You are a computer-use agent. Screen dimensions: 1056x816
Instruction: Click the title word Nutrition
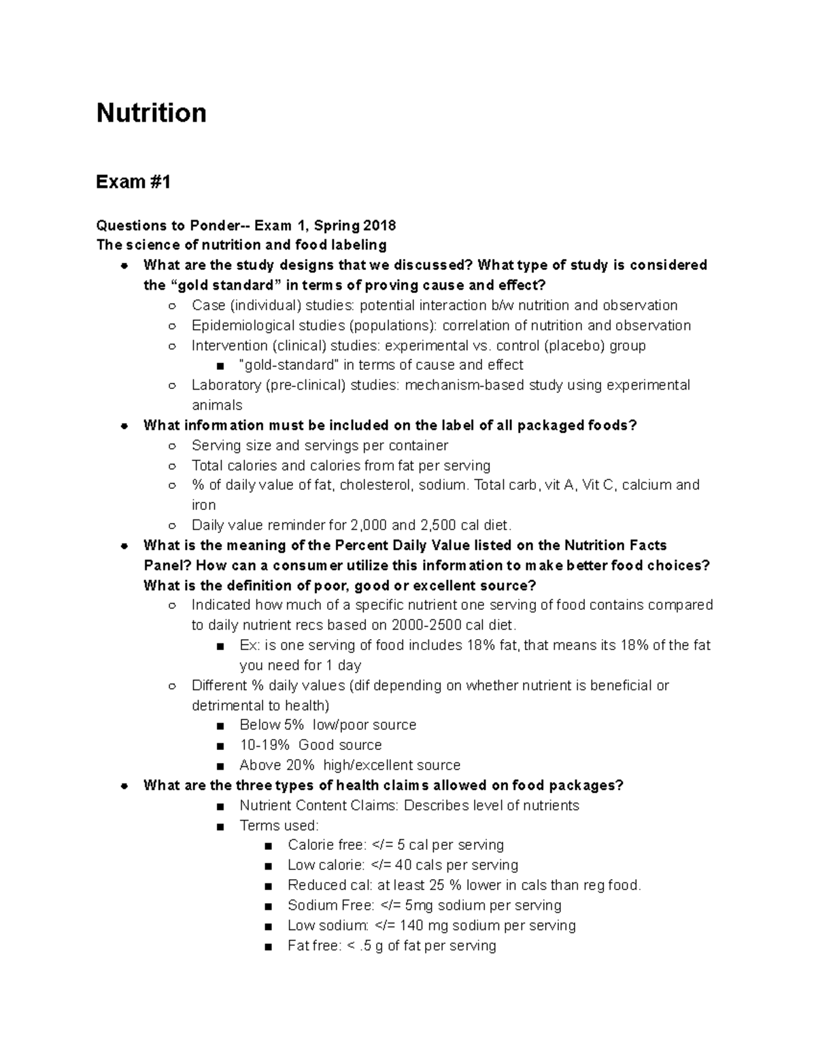click(x=151, y=113)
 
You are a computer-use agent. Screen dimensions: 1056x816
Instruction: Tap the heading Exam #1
click(x=133, y=182)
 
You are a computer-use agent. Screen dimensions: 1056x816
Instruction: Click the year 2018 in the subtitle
click(x=379, y=226)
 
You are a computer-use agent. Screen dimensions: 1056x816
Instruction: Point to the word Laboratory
click(x=226, y=386)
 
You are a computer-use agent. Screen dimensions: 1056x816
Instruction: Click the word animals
click(x=217, y=405)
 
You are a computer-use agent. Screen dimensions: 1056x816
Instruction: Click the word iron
click(x=203, y=505)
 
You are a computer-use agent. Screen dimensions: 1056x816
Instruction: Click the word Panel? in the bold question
click(x=167, y=566)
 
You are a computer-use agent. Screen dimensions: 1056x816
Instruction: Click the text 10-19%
click(x=265, y=745)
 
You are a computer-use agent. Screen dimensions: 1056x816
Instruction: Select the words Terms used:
click(x=279, y=826)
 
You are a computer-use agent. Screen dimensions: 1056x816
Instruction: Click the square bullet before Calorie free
click(x=269, y=846)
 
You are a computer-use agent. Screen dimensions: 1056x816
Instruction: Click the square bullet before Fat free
click(x=269, y=947)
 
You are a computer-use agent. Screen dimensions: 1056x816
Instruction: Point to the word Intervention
click(x=228, y=345)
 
